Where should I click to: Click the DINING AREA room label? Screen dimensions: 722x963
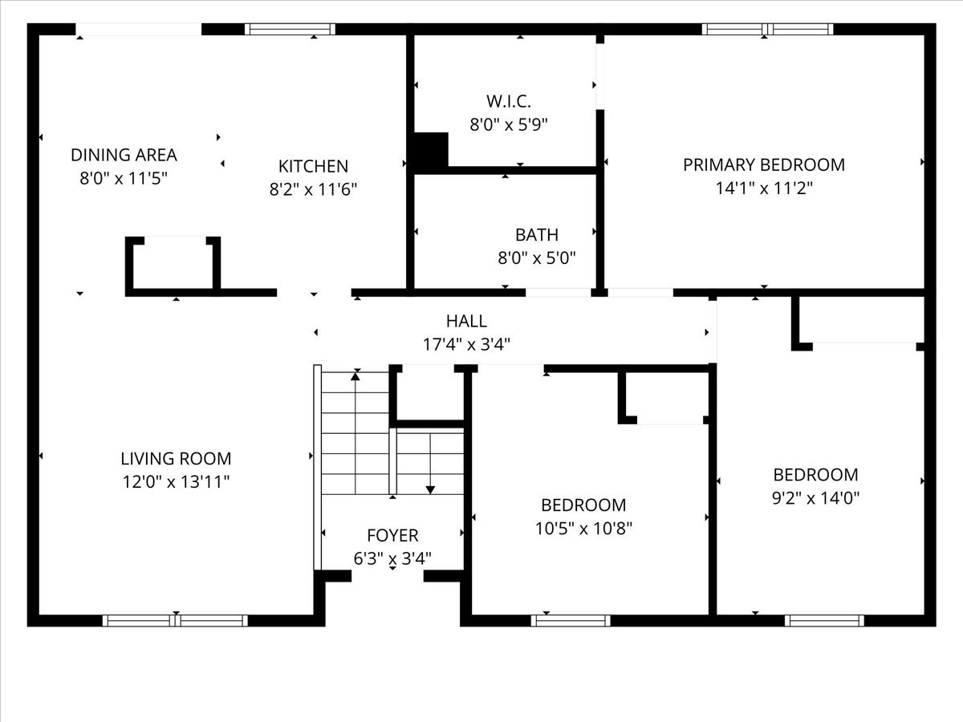[x=124, y=155]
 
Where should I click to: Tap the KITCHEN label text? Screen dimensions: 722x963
[x=313, y=166]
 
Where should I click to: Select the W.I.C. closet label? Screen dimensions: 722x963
[x=509, y=101]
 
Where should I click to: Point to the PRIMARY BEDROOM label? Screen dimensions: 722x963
[x=763, y=164]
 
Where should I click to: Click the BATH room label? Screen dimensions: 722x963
[x=536, y=235]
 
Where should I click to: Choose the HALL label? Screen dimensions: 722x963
[x=466, y=321]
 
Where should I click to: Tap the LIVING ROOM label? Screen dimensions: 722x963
[x=176, y=459]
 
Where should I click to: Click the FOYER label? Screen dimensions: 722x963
[x=392, y=535]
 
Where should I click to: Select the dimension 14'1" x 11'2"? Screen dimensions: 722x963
[x=763, y=189]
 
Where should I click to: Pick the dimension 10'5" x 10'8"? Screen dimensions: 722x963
[x=583, y=529]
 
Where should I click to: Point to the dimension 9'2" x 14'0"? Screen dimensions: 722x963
[x=815, y=497]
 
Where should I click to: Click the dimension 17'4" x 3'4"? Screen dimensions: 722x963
[x=466, y=344]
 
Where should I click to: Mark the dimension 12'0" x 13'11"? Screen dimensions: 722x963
[x=176, y=482]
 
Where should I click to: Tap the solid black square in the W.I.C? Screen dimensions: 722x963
[x=430, y=150]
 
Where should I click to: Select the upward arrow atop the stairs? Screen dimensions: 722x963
[x=356, y=375]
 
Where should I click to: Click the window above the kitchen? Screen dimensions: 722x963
[x=290, y=30]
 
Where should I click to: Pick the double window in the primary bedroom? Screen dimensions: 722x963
[x=767, y=30]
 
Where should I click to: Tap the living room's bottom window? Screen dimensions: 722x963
[x=175, y=620]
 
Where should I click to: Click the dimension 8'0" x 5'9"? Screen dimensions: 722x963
[x=509, y=124]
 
